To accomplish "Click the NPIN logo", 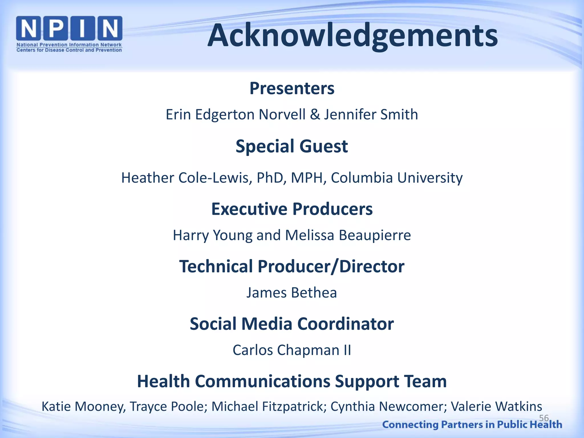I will coord(69,34).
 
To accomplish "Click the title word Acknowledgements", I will coord(353,36).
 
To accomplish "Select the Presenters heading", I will coord(292,88).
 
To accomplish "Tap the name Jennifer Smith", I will coord(371,115).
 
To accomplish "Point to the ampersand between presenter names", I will coord(315,115).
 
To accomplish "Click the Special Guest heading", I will coord(292,146).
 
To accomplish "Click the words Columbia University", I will coord(397,178).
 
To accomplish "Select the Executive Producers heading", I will coord(292,209).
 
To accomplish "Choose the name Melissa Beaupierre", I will coord(348,236).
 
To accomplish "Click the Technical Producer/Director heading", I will coord(292,267).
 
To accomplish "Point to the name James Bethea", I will coord(292,293).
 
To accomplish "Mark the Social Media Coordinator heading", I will coord(292,324).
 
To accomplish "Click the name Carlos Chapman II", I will coord(292,350).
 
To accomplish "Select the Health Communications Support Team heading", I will coord(292,382).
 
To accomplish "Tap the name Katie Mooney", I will coord(84,407).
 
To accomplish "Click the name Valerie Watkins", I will coord(496,407).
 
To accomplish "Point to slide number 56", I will coord(544,418).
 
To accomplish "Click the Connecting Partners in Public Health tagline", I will coord(472,425).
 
